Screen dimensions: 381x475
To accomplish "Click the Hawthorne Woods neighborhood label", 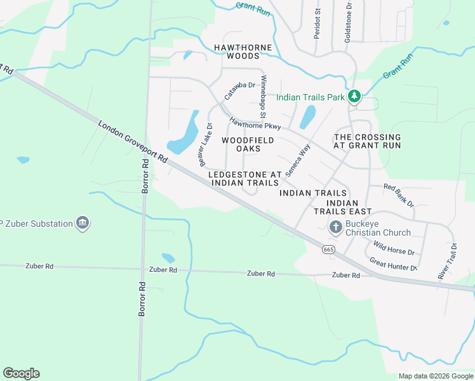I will point(243,51).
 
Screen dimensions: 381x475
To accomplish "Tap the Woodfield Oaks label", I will point(248,144).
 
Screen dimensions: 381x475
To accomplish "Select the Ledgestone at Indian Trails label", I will point(244,178).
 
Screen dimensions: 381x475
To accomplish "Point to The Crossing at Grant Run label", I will point(368,141).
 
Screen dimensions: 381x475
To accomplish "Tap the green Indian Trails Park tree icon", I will point(354,97).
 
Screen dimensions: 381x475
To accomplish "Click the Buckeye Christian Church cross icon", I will point(336,226).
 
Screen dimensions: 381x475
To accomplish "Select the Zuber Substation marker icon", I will point(82,223).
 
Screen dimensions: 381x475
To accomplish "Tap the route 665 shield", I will point(328,250).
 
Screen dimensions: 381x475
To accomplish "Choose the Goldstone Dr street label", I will point(348,22).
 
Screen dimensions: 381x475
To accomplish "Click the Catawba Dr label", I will point(239,91).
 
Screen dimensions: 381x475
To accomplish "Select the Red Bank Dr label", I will point(398,195).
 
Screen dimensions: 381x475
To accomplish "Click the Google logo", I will point(21,373).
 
